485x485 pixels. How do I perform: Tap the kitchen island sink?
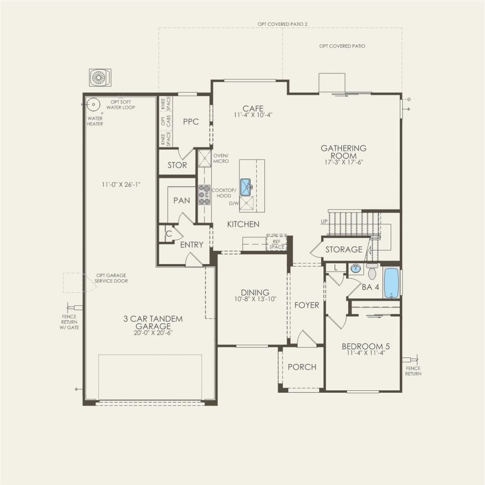[x=246, y=187]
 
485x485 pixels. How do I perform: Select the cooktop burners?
[x=204, y=195]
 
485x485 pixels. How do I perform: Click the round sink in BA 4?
[x=356, y=269]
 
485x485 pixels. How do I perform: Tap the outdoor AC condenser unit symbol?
[x=100, y=78]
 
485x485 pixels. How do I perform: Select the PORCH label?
[x=302, y=367]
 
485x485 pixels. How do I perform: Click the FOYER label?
[x=307, y=305]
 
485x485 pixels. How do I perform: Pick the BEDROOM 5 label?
[x=365, y=346]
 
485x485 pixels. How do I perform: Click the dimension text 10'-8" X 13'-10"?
[x=255, y=299]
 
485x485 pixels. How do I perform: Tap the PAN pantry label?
[x=181, y=201]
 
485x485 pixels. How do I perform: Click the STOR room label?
[x=177, y=165]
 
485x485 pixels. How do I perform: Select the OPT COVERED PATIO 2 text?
[x=282, y=24]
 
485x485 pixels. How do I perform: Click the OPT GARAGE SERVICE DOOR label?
[x=111, y=278]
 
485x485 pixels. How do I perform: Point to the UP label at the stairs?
[x=324, y=222]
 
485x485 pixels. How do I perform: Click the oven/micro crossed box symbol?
[x=204, y=158]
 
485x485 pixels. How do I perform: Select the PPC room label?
[x=191, y=122]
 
